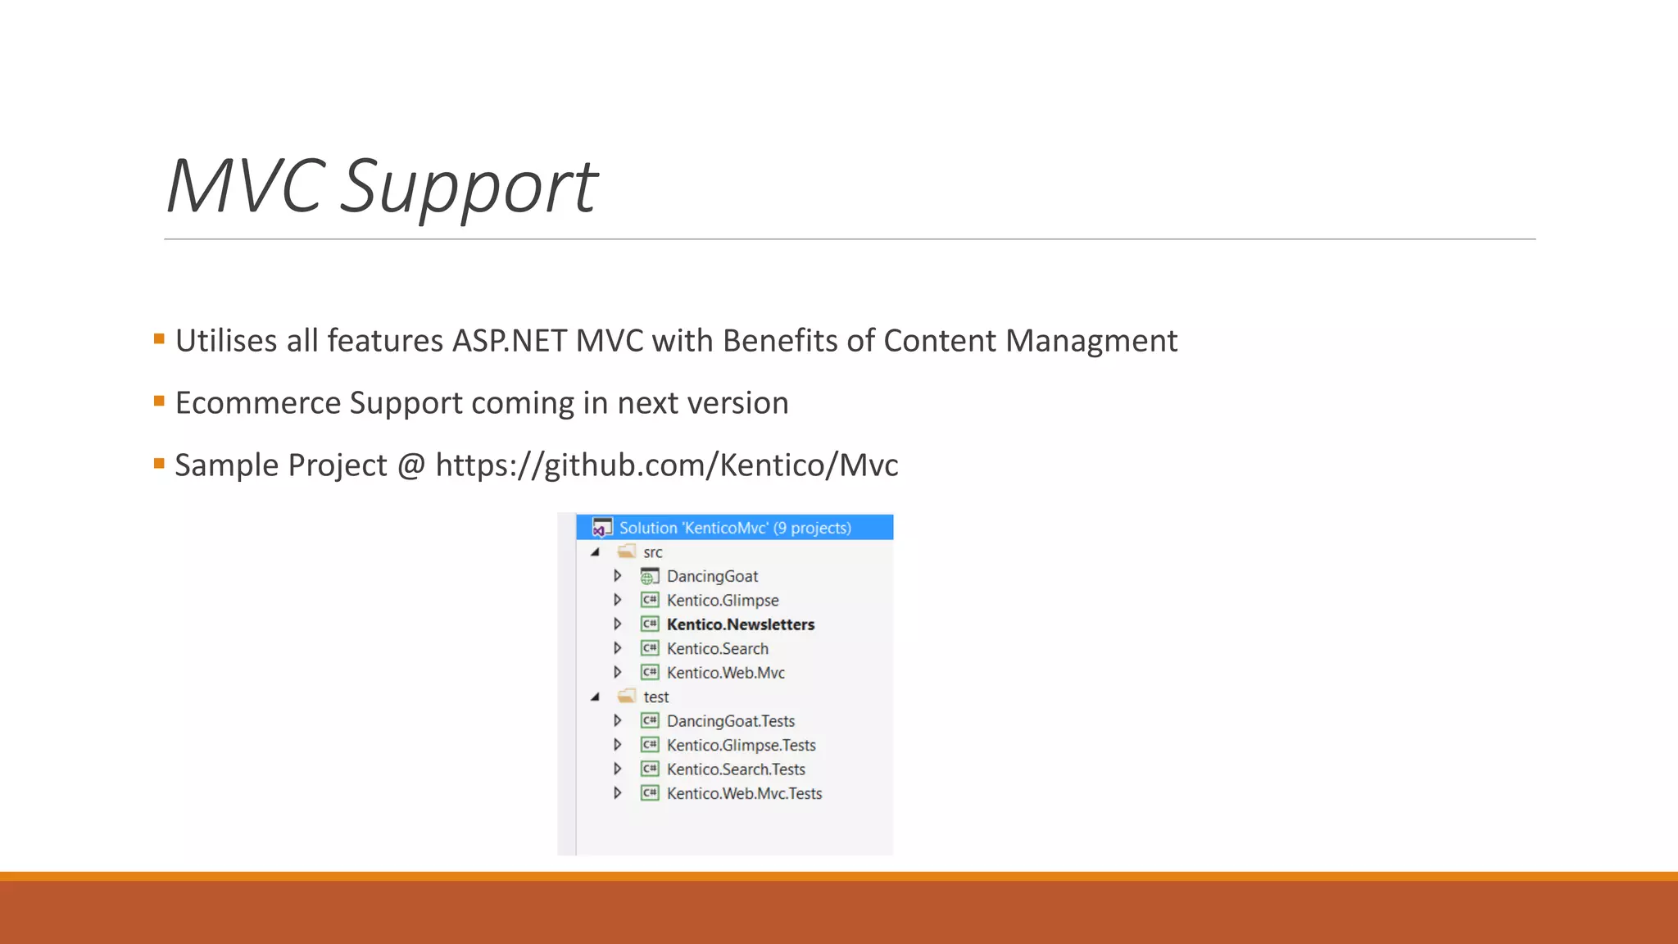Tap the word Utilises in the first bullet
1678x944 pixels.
(x=225, y=341)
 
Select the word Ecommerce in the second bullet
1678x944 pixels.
(x=257, y=403)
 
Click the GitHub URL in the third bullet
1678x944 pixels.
(x=667, y=465)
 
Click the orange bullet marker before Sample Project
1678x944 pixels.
(x=159, y=464)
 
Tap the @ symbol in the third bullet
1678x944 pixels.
(x=411, y=465)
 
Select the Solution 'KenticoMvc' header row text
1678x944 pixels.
(x=735, y=528)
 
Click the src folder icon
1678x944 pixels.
(x=627, y=551)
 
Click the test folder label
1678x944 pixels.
(x=656, y=697)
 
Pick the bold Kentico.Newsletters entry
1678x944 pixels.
(x=741, y=624)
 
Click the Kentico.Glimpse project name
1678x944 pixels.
(x=723, y=601)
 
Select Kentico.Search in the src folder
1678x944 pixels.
(x=718, y=649)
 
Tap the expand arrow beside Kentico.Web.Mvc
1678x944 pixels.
(x=618, y=673)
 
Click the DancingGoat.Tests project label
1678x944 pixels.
(x=731, y=721)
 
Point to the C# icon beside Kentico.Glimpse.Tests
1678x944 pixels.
(x=650, y=745)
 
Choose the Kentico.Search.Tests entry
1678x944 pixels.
(x=736, y=769)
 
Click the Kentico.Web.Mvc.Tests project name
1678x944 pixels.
(x=744, y=793)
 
